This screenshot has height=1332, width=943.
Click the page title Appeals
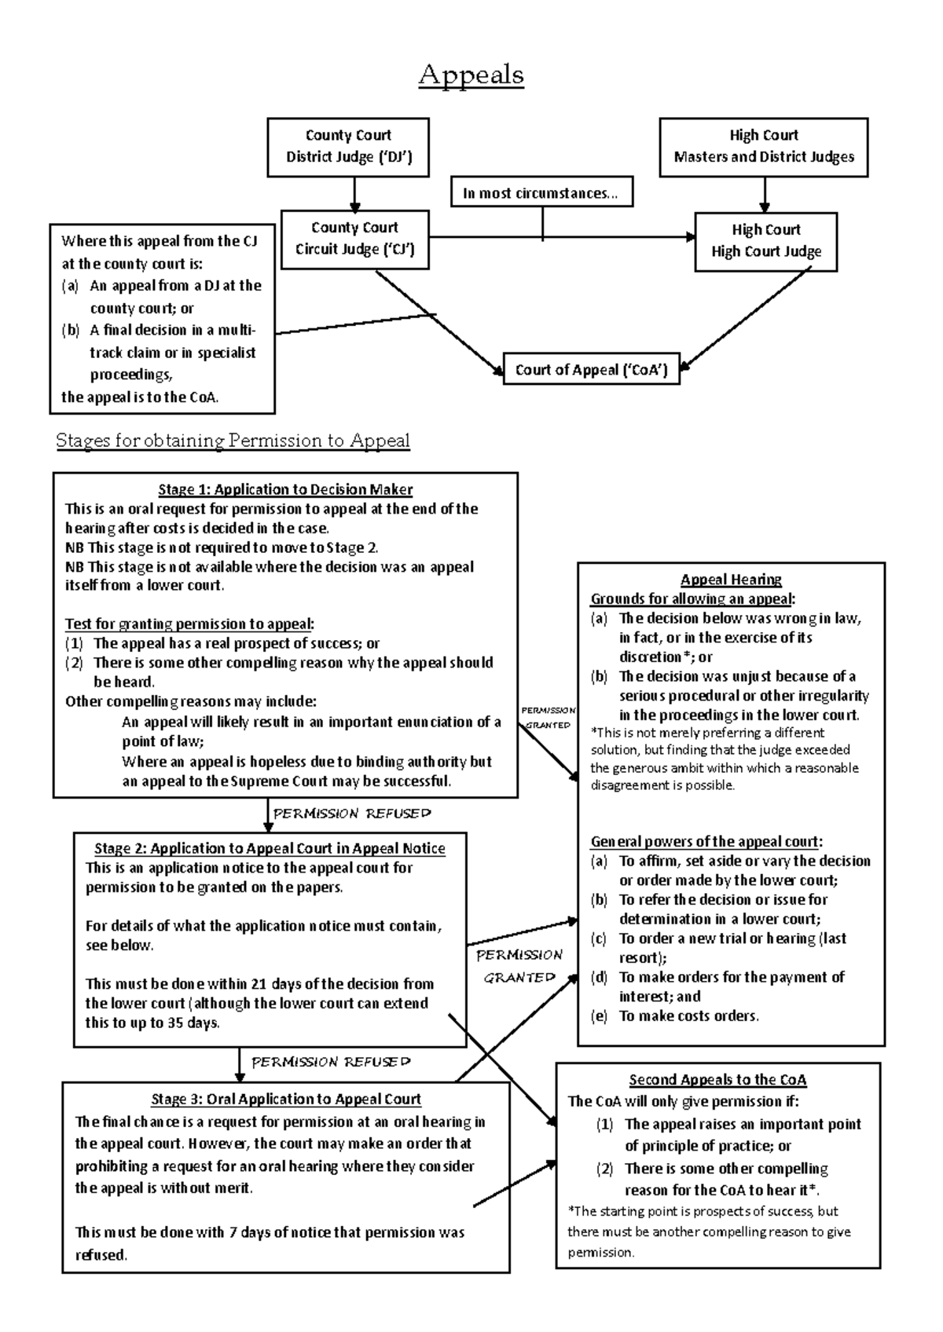tap(471, 75)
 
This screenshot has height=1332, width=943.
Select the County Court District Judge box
tap(348, 146)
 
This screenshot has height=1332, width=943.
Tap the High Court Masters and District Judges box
tap(763, 146)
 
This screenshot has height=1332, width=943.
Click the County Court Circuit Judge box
tap(354, 239)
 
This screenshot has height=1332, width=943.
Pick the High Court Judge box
tap(765, 241)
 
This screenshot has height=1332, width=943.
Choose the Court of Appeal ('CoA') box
tap(591, 370)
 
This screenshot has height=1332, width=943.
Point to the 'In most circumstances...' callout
tap(541, 193)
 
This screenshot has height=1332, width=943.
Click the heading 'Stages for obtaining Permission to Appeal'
tap(233, 441)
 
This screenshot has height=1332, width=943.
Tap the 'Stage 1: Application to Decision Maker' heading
tap(285, 490)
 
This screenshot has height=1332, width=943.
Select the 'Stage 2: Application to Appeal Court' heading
tap(270, 849)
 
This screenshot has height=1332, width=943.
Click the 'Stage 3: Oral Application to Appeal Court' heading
tap(286, 1100)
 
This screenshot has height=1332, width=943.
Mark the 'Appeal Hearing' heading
tap(731, 580)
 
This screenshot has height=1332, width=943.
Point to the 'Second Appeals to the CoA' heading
tap(717, 1080)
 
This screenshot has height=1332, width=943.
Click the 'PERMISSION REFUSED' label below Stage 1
tap(352, 814)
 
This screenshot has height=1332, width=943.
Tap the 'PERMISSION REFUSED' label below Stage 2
tap(331, 1062)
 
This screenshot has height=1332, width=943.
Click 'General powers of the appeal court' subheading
tap(706, 842)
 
